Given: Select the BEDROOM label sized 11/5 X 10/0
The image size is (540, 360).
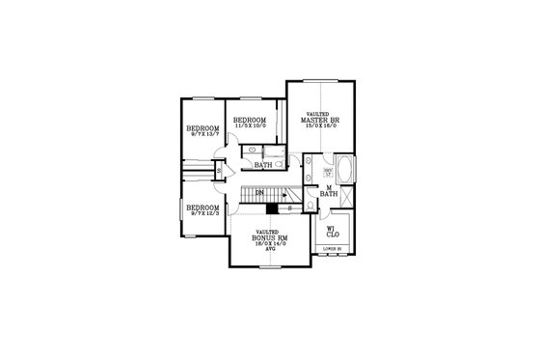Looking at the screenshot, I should point(250,120).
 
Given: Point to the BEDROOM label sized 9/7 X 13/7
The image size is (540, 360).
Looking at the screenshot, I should point(203,128).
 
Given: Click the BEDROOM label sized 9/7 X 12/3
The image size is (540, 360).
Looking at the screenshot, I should point(203,208).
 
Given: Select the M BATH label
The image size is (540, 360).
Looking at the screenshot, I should point(328,191).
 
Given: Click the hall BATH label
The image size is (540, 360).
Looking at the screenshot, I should point(262,165).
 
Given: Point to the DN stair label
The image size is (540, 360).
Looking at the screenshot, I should point(259,192).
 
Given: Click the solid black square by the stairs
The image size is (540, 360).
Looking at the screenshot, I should point(273,208).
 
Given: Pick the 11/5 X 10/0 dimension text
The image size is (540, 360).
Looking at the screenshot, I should point(250,125).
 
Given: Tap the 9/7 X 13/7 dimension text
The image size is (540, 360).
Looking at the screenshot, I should point(203,134).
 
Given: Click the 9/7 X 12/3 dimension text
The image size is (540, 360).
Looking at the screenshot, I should point(203,213).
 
